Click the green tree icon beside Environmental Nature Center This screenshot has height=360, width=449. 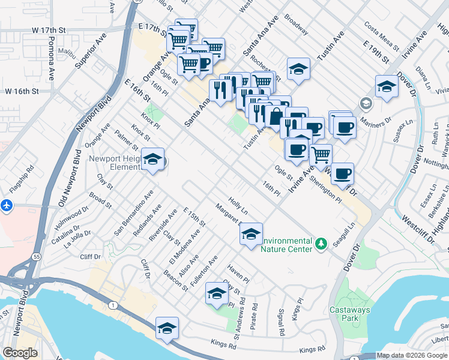322,243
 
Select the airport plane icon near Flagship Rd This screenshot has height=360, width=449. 7,205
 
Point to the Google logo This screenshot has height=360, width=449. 20,353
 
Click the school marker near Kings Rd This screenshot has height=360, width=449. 167,328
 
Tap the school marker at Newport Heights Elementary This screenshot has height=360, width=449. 153,159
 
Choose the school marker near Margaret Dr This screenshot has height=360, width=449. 251,233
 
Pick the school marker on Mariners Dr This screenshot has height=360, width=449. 387,87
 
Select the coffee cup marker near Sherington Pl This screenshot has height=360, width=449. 342,174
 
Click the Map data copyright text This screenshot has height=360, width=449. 412,355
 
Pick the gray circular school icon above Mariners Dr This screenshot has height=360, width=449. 366,104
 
